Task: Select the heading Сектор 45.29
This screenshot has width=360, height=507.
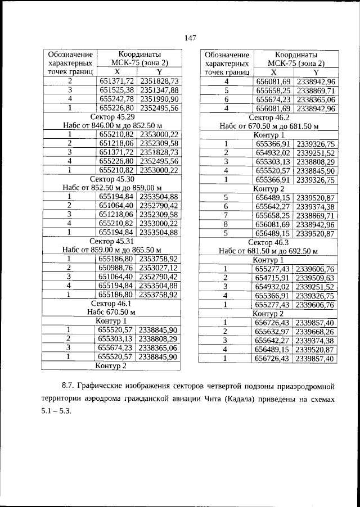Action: coord(112,116)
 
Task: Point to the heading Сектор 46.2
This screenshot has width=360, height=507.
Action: coord(268,117)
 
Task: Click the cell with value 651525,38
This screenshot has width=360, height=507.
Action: coord(116,90)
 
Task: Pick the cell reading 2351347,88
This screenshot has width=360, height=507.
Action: coord(159,90)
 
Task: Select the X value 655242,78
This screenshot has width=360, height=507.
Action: coord(116,99)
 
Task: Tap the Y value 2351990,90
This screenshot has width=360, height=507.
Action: coord(159,99)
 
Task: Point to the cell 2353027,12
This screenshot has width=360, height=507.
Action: coord(159,267)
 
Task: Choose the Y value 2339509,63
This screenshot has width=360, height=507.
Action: coord(315,278)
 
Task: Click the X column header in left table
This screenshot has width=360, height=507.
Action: coord(116,73)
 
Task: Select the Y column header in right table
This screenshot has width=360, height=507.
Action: coord(316,73)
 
